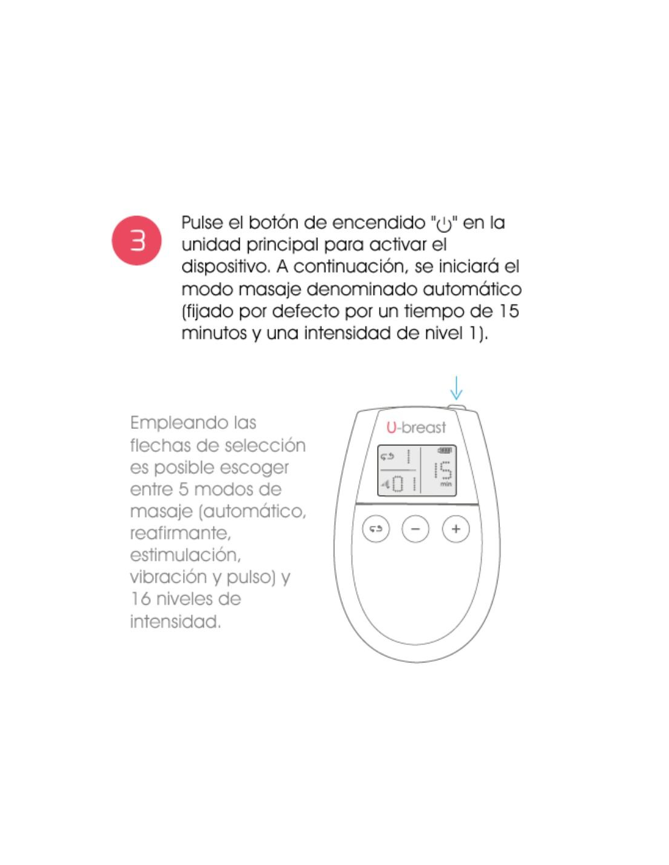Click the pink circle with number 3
coord(136,240)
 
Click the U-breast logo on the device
coord(416,428)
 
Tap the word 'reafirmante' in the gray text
coord(180,533)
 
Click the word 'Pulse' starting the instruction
coord(201,223)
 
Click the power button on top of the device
coord(457,407)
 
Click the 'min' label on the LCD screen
coord(446,484)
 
